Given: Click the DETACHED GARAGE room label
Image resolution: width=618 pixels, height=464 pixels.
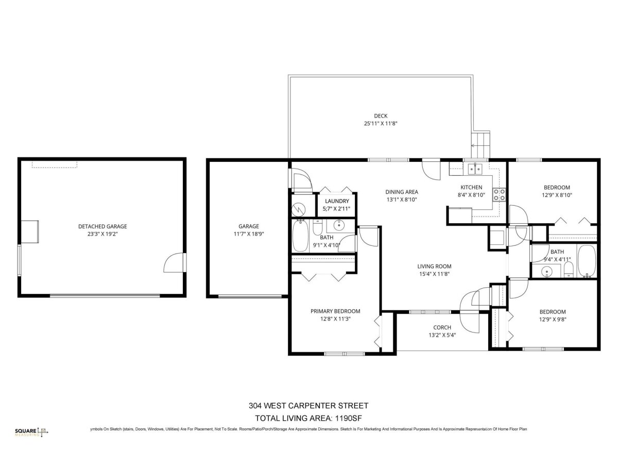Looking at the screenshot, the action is (x=102, y=226).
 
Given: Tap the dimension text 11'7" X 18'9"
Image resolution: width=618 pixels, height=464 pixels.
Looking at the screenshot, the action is (x=249, y=234).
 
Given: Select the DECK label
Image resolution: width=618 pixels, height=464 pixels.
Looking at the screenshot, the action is (x=381, y=116).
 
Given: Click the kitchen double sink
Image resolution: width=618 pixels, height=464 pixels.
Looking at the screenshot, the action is (x=475, y=169).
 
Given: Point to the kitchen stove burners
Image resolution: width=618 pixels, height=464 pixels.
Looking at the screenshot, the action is (x=499, y=195).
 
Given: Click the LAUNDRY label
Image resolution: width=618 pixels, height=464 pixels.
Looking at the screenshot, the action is (x=337, y=201).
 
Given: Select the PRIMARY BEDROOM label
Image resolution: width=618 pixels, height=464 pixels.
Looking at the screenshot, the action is (x=335, y=311).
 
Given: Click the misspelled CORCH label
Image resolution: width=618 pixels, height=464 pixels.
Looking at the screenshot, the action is (x=442, y=327).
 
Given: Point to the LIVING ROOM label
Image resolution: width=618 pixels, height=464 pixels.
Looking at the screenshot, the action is (x=435, y=266).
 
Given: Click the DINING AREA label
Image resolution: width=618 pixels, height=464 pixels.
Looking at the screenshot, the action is (x=402, y=192).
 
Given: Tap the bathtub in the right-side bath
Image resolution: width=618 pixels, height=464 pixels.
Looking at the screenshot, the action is (x=587, y=261).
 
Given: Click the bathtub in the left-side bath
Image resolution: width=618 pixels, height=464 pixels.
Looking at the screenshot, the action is (x=300, y=236).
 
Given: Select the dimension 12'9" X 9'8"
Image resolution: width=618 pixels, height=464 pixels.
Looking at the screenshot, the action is (x=553, y=320).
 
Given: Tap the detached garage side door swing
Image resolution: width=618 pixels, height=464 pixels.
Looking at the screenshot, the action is (x=174, y=262).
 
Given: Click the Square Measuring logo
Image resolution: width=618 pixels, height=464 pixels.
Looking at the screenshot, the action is (x=31, y=432).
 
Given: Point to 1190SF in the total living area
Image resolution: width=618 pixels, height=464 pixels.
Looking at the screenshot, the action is (x=348, y=418).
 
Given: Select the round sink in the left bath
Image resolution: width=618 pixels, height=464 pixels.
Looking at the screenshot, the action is (x=339, y=225).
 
